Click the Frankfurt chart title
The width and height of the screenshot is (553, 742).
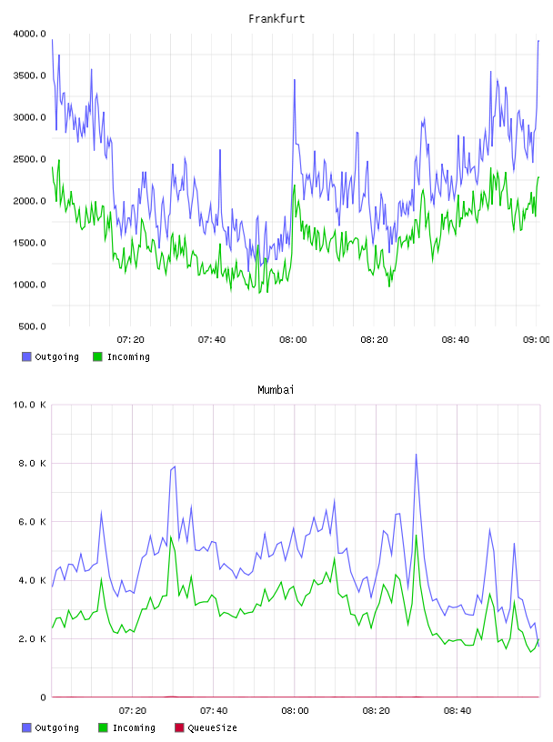click(276, 19)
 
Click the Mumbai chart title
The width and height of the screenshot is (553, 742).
click(276, 390)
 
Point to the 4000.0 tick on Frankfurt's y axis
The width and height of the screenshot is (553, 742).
click(30, 34)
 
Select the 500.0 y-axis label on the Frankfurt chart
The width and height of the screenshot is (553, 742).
click(32, 326)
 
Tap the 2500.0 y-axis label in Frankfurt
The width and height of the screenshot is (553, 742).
click(30, 159)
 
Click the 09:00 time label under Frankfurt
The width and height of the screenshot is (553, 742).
click(536, 340)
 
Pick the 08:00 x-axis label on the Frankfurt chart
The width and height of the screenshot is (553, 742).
click(293, 340)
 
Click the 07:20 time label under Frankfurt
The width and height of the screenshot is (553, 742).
click(131, 340)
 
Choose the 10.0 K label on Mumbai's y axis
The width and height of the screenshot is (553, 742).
click(30, 405)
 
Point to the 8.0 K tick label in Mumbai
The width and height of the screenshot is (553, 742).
click(32, 463)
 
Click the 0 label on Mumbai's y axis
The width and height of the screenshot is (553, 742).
click(43, 697)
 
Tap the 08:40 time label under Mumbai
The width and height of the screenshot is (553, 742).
click(457, 711)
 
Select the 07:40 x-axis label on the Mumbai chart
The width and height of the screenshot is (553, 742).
click(214, 711)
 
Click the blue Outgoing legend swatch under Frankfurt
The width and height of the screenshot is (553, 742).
click(26, 356)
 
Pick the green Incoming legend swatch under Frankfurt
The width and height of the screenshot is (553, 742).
click(97, 356)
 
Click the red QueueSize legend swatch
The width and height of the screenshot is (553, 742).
click(179, 727)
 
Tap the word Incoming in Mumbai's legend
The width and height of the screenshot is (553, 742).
click(134, 728)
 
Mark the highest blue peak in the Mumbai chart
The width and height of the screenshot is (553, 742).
click(417, 455)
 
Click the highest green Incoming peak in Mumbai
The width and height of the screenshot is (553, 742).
click(417, 535)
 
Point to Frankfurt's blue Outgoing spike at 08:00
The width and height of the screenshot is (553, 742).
click(295, 79)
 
